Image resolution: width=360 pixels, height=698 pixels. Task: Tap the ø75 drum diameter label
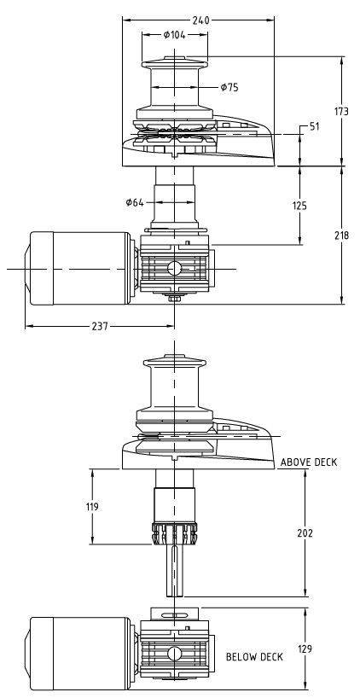tap(229, 86)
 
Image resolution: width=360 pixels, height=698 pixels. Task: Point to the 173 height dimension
tap(342, 112)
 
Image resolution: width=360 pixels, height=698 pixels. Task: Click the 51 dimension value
tap(314, 126)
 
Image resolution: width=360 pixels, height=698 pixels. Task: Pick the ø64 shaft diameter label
tap(134, 202)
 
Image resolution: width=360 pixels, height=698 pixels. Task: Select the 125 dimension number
tap(299, 206)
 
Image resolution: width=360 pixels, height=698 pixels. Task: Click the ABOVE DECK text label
tap(309, 462)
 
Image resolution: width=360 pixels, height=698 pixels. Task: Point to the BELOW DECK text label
tap(254, 657)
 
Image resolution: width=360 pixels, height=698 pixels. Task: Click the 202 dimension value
tap(305, 533)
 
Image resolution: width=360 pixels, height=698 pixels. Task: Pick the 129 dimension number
tap(305, 649)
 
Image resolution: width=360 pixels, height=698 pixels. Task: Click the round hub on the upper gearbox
tap(174, 269)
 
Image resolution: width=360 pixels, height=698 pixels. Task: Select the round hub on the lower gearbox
tap(174, 654)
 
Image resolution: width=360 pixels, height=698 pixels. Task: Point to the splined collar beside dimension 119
tap(174, 534)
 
